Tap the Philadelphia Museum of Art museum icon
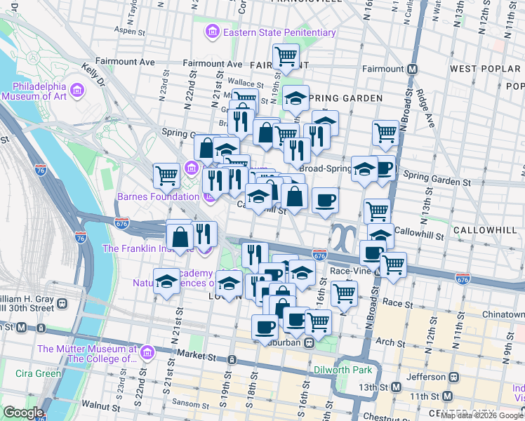pyautogui.click(x=77, y=90)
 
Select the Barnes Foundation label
pyautogui.click(x=158, y=196)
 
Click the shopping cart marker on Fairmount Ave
pyautogui.click(x=286, y=56)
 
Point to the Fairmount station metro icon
pyautogui.click(x=413, y=69)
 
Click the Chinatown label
pyautogui.click(x=503, y=314)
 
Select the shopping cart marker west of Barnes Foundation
pyautogui.click(x=166, y=175)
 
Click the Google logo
pyautogui.click(x=23, y=413)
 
